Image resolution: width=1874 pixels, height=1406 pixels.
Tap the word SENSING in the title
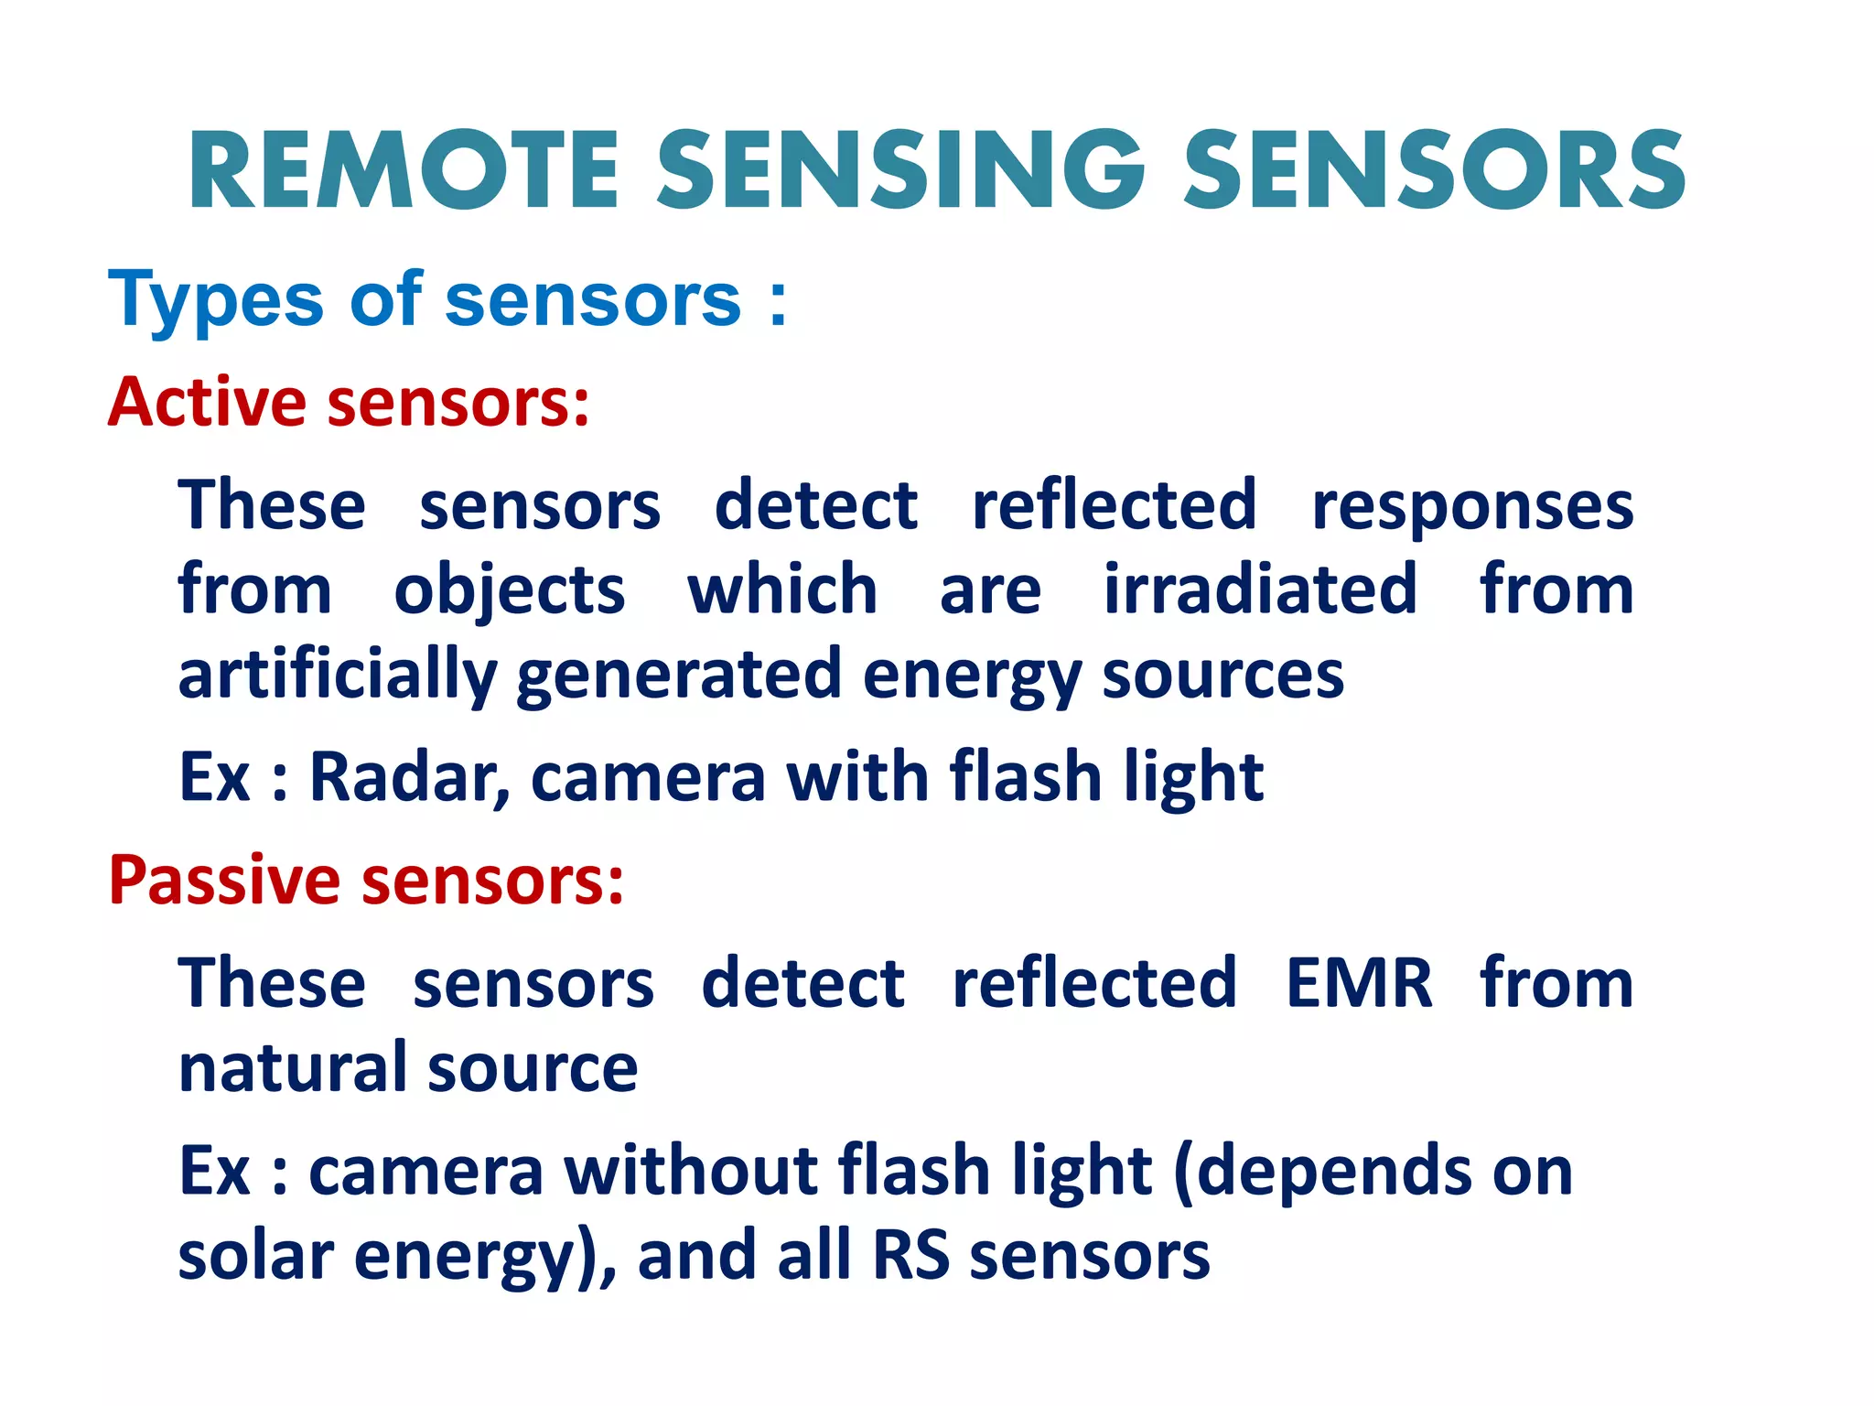click(900, 171)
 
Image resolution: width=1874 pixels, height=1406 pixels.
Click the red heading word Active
click(207, 402)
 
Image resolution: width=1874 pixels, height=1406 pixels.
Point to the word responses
click(1472, 506)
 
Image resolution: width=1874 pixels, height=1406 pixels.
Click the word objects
click(509, 590)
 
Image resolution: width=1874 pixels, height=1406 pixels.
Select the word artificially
click(337, 676)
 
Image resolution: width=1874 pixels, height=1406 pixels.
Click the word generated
click(678, 676)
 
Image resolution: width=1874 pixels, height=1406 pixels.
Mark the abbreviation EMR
click(1358, 983)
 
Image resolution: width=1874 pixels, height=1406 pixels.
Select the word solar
click(255, 1255)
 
